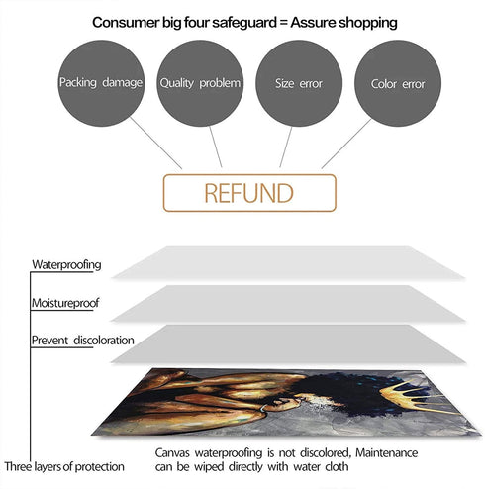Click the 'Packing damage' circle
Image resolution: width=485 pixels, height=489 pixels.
coord(101,83)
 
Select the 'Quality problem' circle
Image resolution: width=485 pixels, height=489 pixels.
coord(200,83)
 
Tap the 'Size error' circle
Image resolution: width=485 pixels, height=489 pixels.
coord(299,83)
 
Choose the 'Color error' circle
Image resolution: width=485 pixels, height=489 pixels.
coord(398,83)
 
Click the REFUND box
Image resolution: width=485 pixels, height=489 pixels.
coord(249,193)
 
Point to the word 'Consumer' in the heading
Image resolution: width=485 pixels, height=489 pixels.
coord(126,23)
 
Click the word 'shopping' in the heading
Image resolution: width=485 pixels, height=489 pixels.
coord(368,23)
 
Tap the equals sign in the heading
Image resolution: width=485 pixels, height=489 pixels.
coord(284,23)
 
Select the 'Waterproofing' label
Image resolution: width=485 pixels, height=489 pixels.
coord(66,265)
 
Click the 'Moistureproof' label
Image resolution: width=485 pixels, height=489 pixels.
coord(65,303)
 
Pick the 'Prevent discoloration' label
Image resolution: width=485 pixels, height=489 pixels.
coord(83,341)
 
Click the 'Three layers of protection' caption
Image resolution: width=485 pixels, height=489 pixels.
coord(64,466)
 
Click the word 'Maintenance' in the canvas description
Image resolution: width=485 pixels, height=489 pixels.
coord(386,452)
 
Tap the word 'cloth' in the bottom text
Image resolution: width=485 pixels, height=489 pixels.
coord(337,466)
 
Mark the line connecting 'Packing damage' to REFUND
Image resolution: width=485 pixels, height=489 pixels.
coord(155,143)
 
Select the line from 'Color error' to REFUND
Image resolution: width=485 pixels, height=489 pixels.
coord(346,144)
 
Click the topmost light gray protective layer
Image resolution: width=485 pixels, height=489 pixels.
coord(289,263)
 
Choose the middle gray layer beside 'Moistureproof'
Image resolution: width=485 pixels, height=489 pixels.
coord(289,304)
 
